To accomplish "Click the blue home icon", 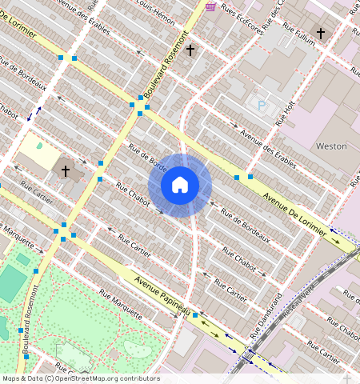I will coord(180,186).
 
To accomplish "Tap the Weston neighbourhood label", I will coord(331,146).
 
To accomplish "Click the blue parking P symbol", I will coord(260,104).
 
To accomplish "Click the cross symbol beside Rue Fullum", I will coord(321,34).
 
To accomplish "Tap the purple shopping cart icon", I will coord(210,6).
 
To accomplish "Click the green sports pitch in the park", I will coord(11,283).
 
